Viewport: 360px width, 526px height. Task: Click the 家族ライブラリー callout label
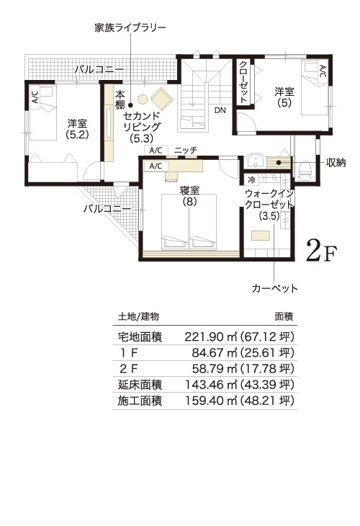pos(130,27)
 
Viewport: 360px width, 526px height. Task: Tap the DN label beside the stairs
pos(220,110)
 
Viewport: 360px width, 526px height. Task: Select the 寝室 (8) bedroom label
pos(190,196)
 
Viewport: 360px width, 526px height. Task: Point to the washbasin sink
pos(257,161)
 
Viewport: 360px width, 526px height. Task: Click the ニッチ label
pos(186,150)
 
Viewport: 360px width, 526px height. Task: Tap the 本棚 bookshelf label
pos(120,99)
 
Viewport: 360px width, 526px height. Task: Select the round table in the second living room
pos(143,100)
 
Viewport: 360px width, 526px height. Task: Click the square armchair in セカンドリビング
pos(162,99)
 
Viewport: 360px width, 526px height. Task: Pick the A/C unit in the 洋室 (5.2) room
pos(35,97)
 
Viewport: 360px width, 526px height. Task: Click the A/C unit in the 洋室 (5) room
pos(322,71)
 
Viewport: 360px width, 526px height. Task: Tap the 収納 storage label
pos(336,163)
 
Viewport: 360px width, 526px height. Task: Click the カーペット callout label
pos(275,288)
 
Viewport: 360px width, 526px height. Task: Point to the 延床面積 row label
pos(140,385)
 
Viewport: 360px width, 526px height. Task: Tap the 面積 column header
pos(284,316)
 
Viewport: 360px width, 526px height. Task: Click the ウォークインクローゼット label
pos(269,199)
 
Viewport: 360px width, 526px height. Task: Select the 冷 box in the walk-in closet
pos(251,179)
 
